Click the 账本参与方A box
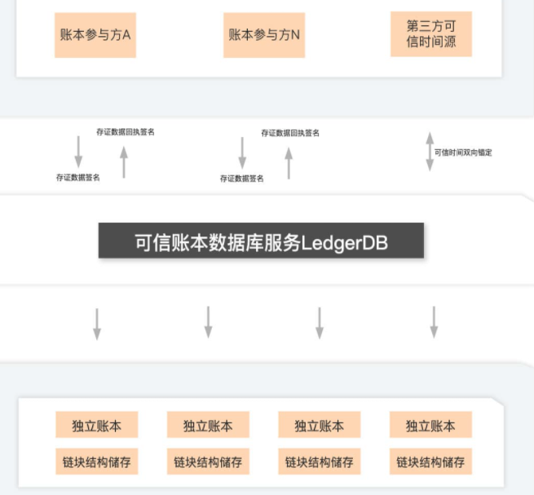coord(95,35)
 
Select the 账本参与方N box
coord(264,35)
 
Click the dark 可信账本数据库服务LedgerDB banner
coord(261,241)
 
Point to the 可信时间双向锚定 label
coord(463,152)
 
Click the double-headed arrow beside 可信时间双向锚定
coord(430,152)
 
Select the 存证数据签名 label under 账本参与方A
coord(78,177)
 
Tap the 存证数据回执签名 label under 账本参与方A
coord(126,131)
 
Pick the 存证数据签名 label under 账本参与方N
coord(242,178)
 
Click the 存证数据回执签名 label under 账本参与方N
coord(290,133)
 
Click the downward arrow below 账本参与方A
coord(79,152)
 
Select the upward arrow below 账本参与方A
coord(124,161)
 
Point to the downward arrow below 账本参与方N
coord(242,152)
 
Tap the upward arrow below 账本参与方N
coord(289,163)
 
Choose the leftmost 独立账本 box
coord(97,425)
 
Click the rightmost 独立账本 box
coord(430,425)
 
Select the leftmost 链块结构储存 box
coord(97,462)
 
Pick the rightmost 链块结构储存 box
coord(430,462)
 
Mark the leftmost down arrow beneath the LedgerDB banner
coord(97,324)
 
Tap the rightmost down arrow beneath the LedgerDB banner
coord(434,322)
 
